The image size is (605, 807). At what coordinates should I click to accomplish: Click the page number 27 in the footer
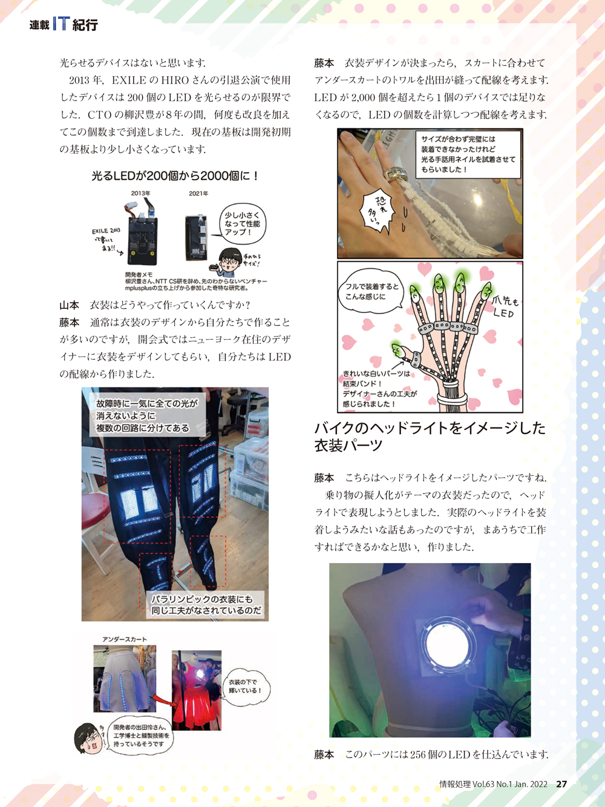click(x=561, y=784)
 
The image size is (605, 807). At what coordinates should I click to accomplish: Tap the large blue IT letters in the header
click(x=61, y=24)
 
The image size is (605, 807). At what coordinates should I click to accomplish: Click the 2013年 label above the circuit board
click(x=141, y=193)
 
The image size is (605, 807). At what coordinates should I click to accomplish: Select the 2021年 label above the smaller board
click(x=198, y=193)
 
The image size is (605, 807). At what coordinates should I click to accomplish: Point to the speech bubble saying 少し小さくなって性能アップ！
click(x=243, y=223)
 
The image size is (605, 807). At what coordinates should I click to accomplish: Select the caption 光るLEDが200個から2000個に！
click(x=175, y=176)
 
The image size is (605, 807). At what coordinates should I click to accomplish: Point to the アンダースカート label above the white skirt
click(x=125, y=639)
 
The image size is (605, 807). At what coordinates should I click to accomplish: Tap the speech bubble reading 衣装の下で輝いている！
click(x=244, y=687)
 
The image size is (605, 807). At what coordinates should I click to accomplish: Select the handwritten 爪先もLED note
click(x=505, y=308)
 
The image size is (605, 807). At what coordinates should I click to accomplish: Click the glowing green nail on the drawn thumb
click(x=397, y=349)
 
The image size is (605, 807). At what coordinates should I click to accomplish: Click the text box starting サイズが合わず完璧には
click(x=468, y=154)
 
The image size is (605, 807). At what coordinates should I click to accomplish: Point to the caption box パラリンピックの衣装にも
click(x=205, y=605)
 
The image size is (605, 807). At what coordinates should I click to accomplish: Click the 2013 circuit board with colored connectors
click(x=143, y=236)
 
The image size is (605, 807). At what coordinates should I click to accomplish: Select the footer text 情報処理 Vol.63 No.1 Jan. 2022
click(x=493, y=784)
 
